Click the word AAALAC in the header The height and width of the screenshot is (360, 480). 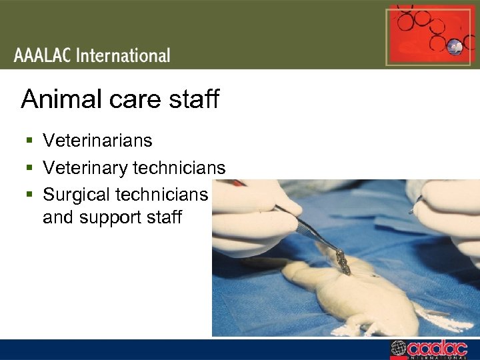pos(43,55)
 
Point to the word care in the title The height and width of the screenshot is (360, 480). pos(131,99)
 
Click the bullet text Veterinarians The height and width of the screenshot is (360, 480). pos(97,141)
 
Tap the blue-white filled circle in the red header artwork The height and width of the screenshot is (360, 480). pos(455,45)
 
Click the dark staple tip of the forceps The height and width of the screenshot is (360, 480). pos(343,263)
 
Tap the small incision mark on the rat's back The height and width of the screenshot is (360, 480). pos(373,274)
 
